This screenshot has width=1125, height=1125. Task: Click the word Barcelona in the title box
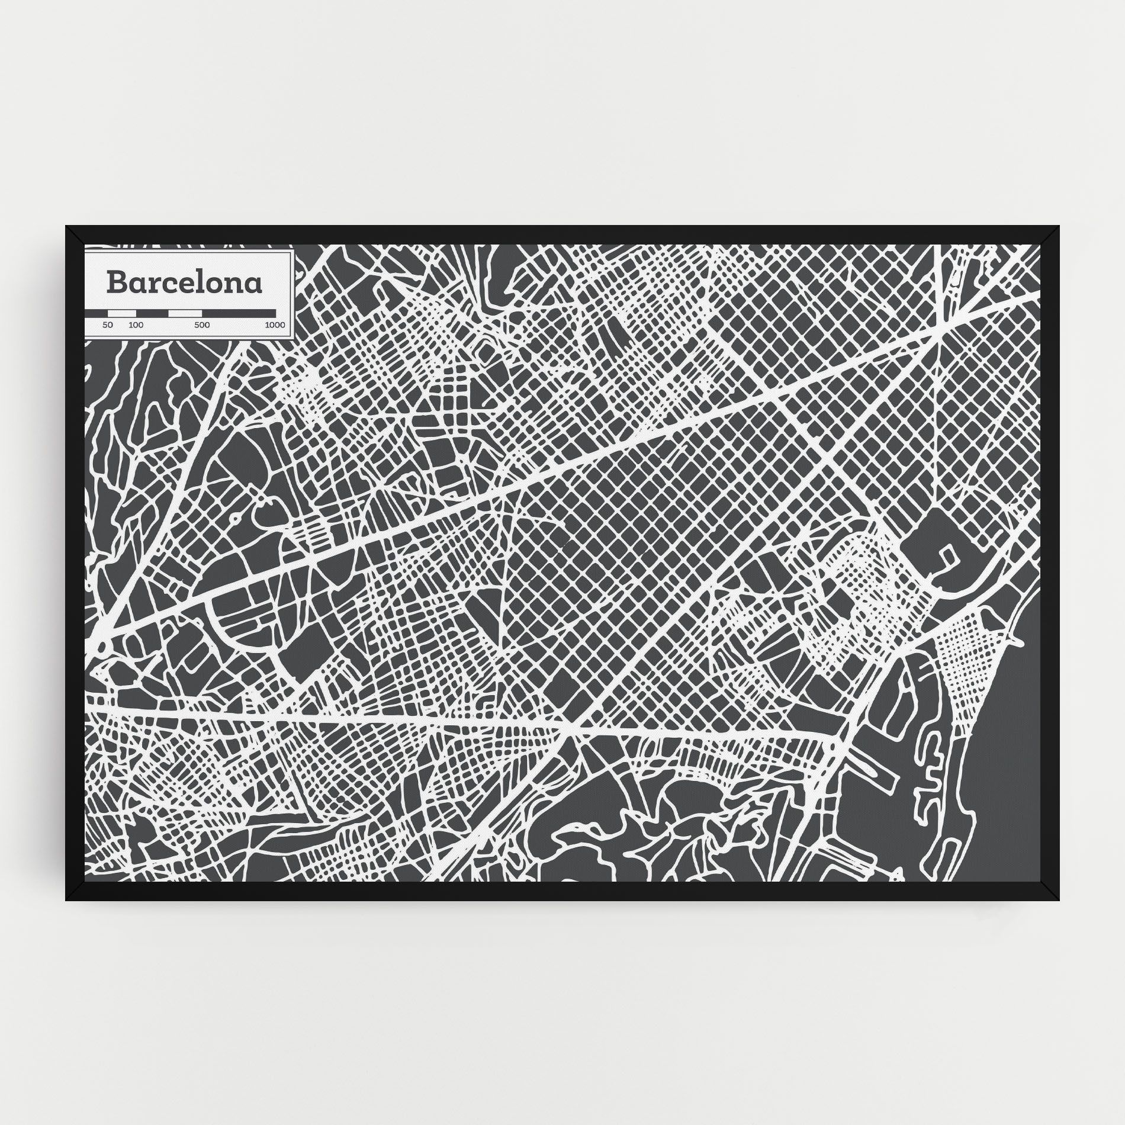[x=184, y=283]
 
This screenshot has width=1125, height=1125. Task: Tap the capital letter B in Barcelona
[x=115, y=282]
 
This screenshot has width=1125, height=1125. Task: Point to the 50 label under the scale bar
[x=107, y=325]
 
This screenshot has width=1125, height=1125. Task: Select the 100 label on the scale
[x=136, y=325]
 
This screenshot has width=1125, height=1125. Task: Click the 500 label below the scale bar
[x=202, y=325]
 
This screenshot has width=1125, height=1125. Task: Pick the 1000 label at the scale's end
[x=274, y=325]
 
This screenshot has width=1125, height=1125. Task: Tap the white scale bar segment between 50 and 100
[x=123, y=313]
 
